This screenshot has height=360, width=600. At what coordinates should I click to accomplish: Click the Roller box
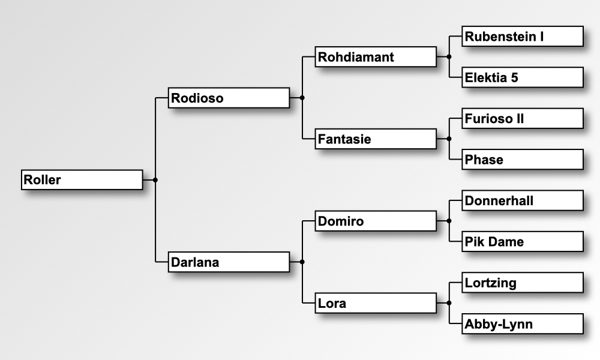point(82,179)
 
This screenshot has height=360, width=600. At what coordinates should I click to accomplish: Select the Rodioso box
point(229,98)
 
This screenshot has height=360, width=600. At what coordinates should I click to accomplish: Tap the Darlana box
point(229,262)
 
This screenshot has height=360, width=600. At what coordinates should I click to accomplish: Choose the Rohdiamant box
point(376,57)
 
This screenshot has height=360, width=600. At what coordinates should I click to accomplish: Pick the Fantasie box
point(376,139)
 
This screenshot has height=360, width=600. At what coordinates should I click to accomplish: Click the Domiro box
point(376,221)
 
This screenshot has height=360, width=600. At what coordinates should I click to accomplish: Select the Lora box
point(376,303)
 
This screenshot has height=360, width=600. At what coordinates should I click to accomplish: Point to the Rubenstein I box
point(523,36)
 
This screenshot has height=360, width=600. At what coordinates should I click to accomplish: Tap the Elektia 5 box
point(523,77)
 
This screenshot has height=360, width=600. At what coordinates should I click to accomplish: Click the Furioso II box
point(523,118)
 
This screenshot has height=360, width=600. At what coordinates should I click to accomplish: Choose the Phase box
point(523,160)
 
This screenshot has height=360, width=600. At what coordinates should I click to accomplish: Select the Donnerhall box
point(523,200)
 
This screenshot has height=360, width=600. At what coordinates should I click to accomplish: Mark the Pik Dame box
point(523,242)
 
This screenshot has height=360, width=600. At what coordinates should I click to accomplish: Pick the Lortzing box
point(523,283)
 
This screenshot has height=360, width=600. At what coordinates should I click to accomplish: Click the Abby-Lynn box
point(523,324)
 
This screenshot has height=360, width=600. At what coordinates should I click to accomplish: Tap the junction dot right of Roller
point(155,179)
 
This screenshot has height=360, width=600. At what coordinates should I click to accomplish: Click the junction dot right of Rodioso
point(302,97)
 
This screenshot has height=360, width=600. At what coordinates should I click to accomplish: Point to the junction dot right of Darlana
point(302,262)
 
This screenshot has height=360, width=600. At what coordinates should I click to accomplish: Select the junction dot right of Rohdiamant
point(449,56)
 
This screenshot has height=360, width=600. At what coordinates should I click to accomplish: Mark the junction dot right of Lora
point(449,303)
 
